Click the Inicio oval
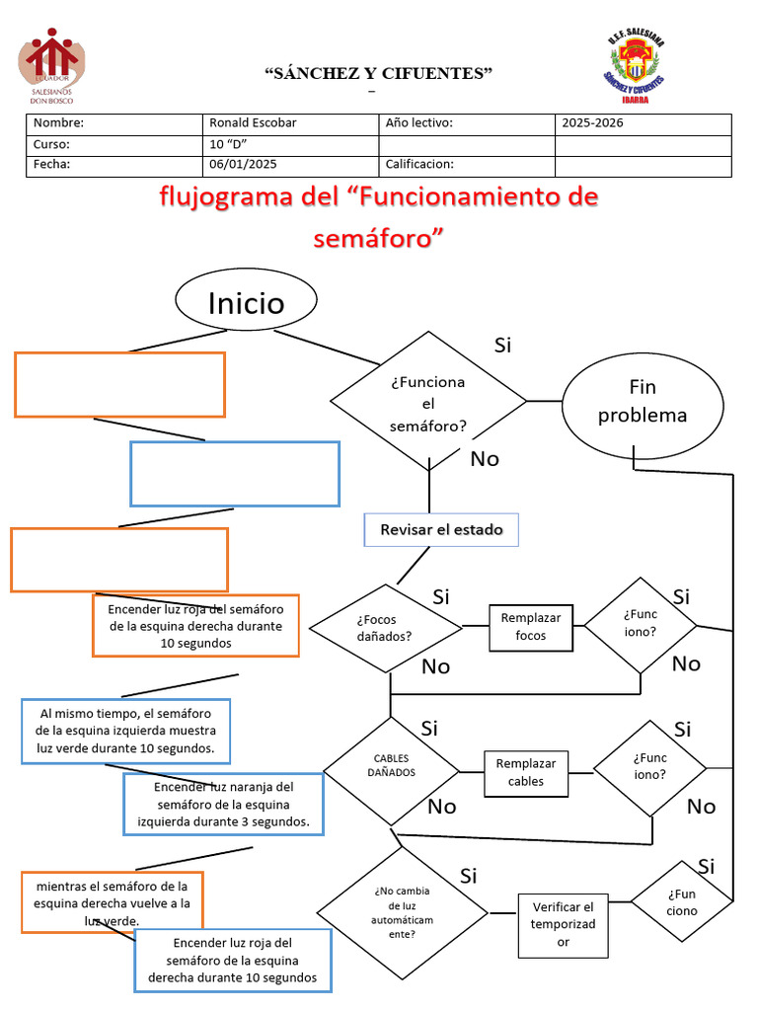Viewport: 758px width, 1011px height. (246, 302)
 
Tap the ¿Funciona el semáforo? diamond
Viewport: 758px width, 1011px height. (428, 403)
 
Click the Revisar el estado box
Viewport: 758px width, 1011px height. (441, 530)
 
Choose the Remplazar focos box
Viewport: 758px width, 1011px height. (530, 627)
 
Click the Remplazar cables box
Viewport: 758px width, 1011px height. (525, 773)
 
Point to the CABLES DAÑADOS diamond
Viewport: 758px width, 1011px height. (392, 766)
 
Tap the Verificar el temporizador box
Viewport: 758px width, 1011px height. (563, 924)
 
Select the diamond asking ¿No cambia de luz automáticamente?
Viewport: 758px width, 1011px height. (402, 910)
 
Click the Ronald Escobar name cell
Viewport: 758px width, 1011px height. (289, 123)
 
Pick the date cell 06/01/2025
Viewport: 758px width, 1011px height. (289, 165)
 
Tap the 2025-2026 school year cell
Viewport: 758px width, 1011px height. (643, 123)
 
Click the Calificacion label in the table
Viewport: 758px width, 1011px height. (419, 165)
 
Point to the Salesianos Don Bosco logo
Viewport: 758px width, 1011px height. (51, 65)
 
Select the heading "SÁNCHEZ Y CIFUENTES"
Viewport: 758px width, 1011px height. (379, 74)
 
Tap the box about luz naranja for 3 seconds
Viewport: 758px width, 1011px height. (224, 804)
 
